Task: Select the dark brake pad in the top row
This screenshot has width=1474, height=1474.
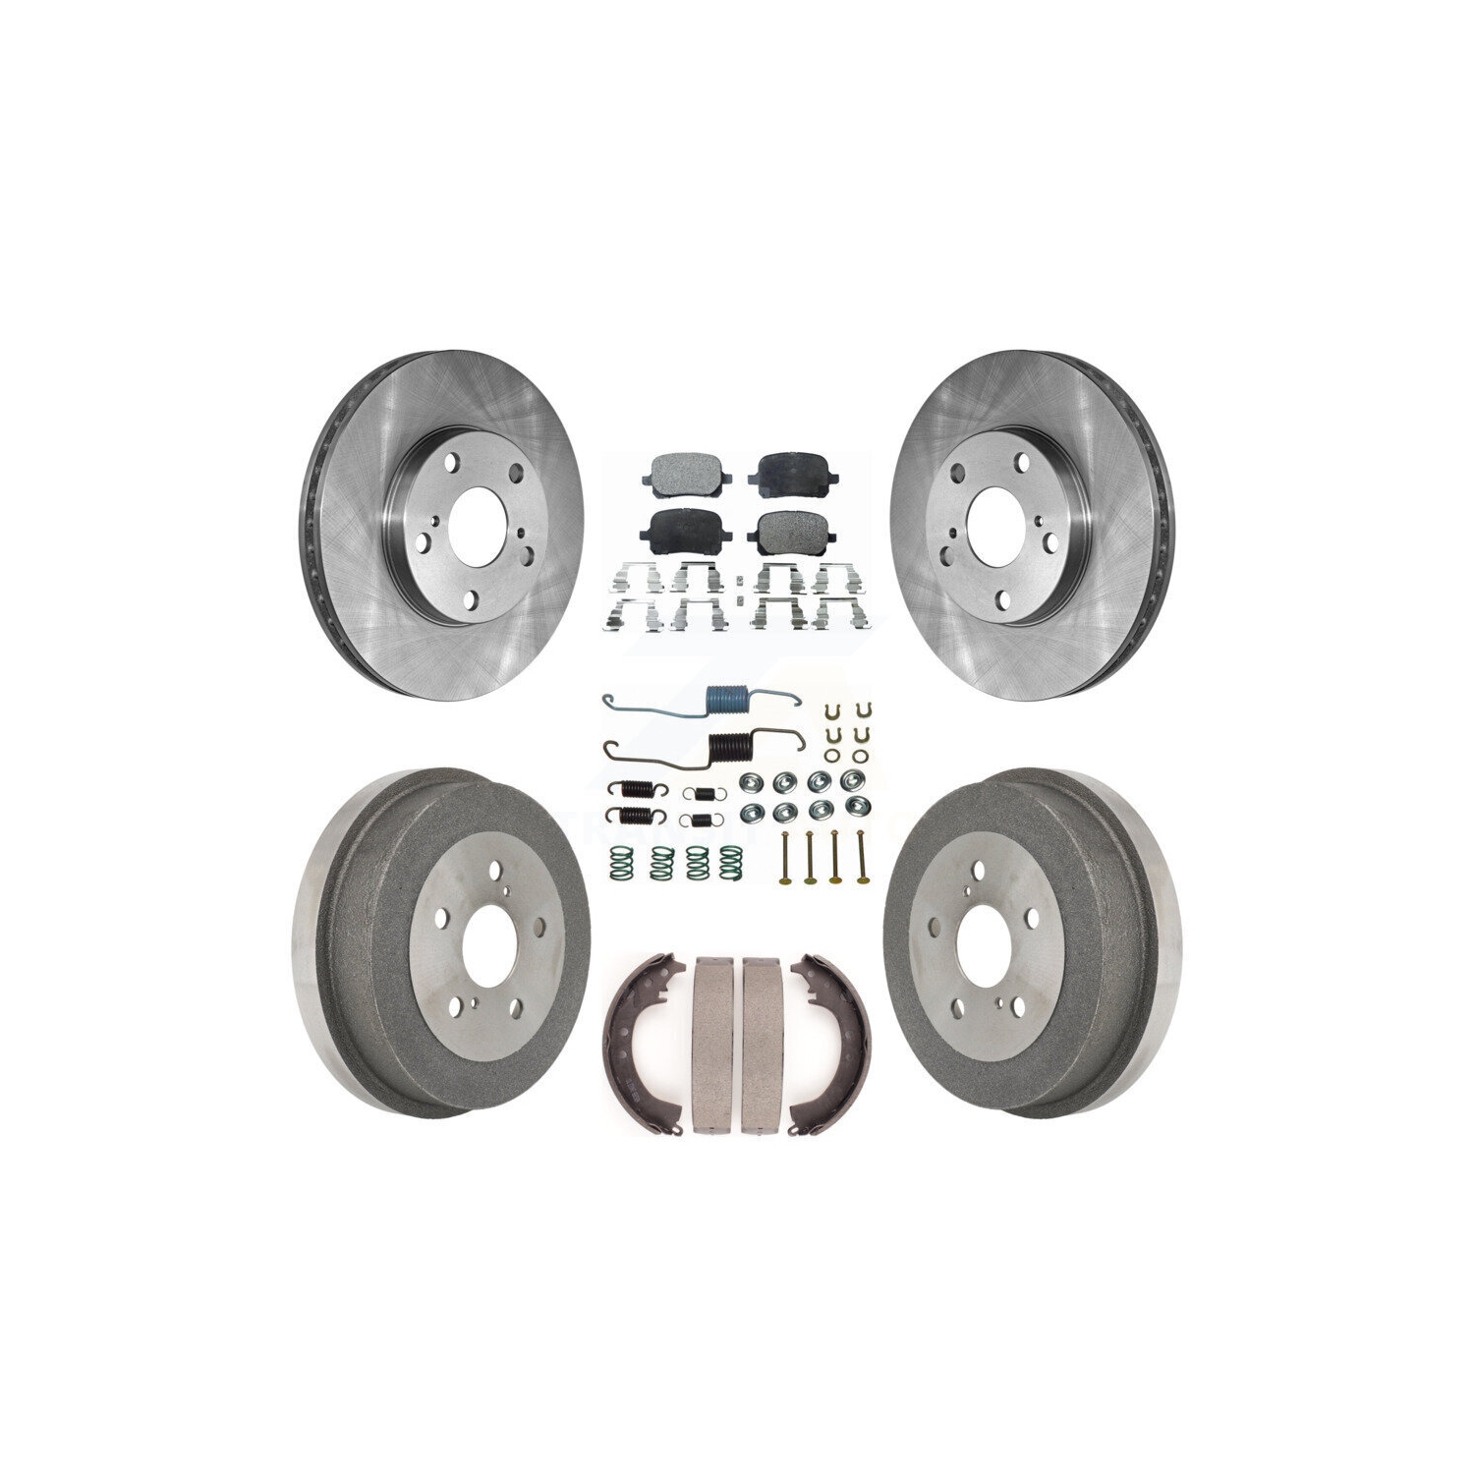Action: [785, 474]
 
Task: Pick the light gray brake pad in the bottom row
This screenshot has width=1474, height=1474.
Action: [786, 532]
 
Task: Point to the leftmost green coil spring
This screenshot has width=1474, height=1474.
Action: [619, 861]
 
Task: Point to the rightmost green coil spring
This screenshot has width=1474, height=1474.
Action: [730, 861]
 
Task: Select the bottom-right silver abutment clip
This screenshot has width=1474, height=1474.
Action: [837, 616]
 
